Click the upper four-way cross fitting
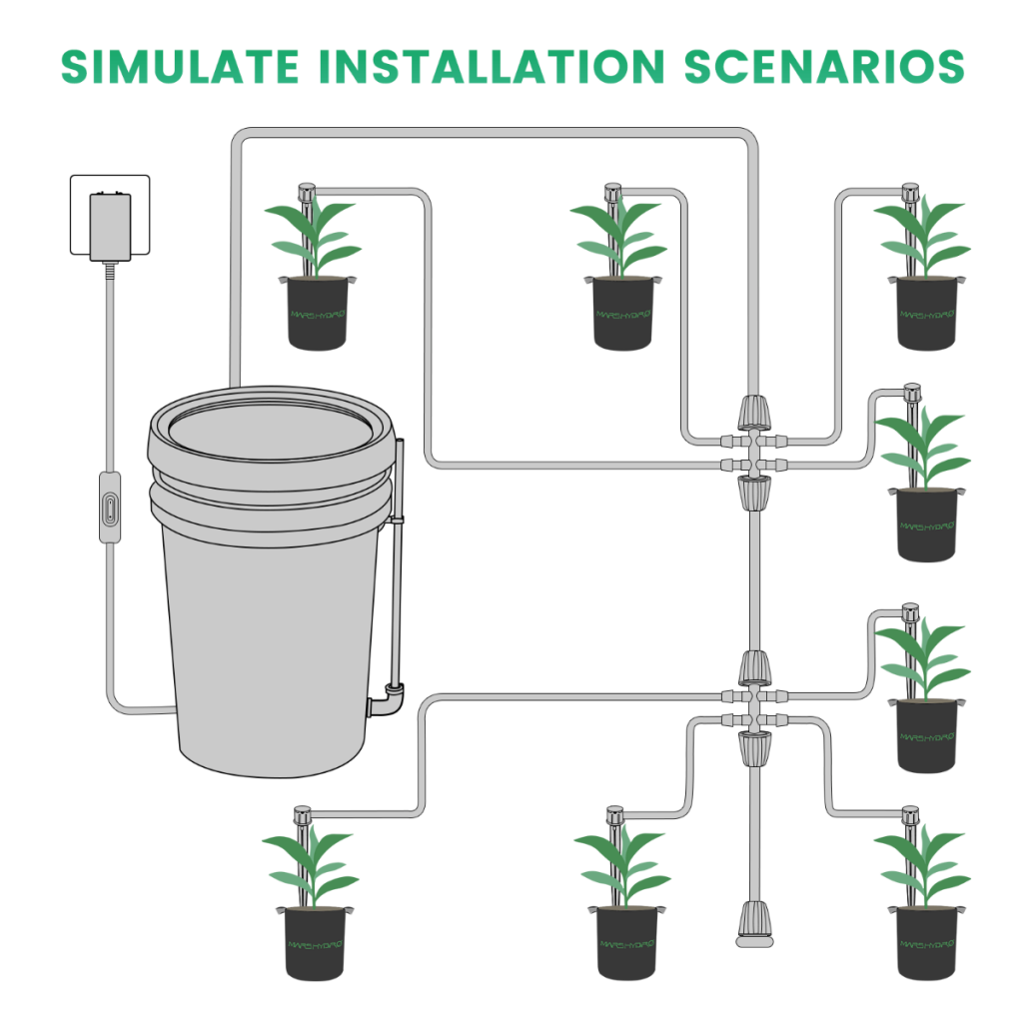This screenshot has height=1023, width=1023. (753, 452)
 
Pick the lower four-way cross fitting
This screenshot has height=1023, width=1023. (753, 706)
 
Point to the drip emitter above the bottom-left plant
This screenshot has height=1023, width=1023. (301, 815)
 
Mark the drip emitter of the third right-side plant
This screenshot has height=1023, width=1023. (909, 611)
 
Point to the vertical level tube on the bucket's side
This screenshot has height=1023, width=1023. (397, 559)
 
